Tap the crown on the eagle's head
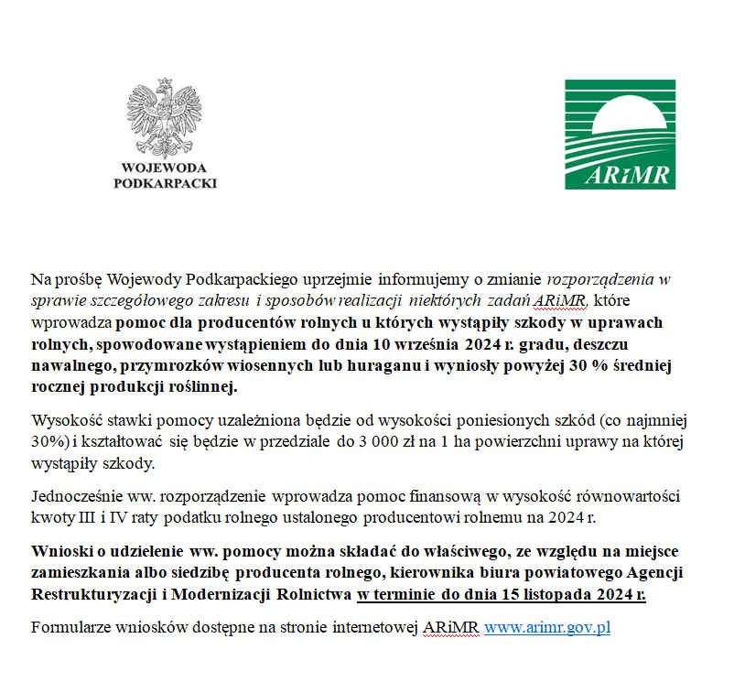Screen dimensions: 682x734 (x=165, y=85)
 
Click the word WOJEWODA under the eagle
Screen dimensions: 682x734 (x=165, y=168)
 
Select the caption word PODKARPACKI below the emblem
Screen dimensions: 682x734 (x=165, y=182)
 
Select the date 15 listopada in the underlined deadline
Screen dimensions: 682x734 (x=555, y=593)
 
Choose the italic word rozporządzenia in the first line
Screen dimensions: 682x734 (x=602, y=278)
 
